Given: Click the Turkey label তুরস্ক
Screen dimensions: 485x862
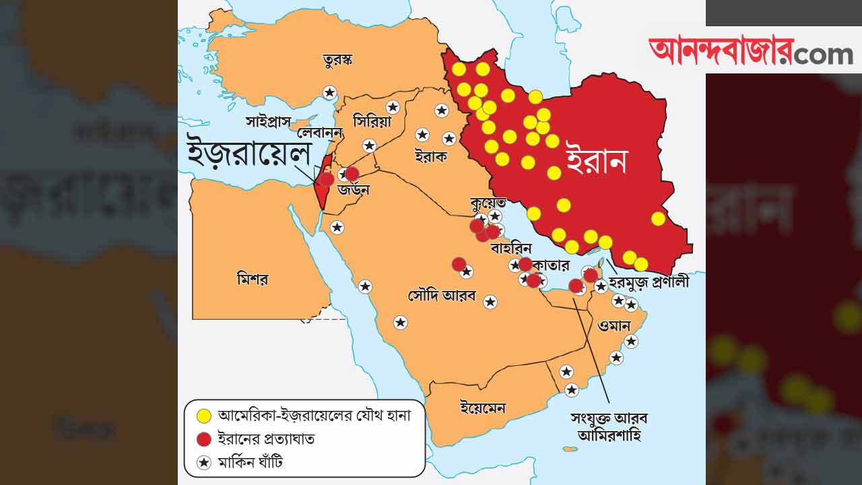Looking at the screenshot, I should pyautogui.click(x=338, y=61).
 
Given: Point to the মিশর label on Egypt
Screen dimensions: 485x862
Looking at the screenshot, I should pyautogui.click(x=253, y=278).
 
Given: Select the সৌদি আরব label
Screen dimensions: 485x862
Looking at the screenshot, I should pyautogui.click(x=442, y=295).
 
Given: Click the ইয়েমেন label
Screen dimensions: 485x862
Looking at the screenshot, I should pyautogui.click(x=482, y=408).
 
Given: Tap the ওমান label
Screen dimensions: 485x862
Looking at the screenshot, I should pyautogui.click(x=614, y=326).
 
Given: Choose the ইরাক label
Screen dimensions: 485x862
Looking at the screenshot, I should pyautogui.click(x=430, y=156).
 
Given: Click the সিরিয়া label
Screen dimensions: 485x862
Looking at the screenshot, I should pyautogui.click(x=372, y=121).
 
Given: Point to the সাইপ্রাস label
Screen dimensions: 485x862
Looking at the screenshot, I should pyautogui.click(x=267, y=122).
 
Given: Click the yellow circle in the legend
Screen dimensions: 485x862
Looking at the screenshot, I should pyautogui.click(x=203, y=416).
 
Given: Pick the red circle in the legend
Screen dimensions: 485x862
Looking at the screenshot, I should pyautogui.click(x=203, y=439).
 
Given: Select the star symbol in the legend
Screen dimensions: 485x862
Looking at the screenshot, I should pyautogui.click(x=203, y=462).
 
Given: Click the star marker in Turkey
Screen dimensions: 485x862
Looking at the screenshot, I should pyautogui.click(x=329, y=92).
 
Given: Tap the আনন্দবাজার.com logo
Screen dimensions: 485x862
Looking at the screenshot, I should pyautogui.click(x=750, y=51).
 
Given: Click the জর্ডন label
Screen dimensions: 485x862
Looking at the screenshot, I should pyautogui.click(x=354, y=190).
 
